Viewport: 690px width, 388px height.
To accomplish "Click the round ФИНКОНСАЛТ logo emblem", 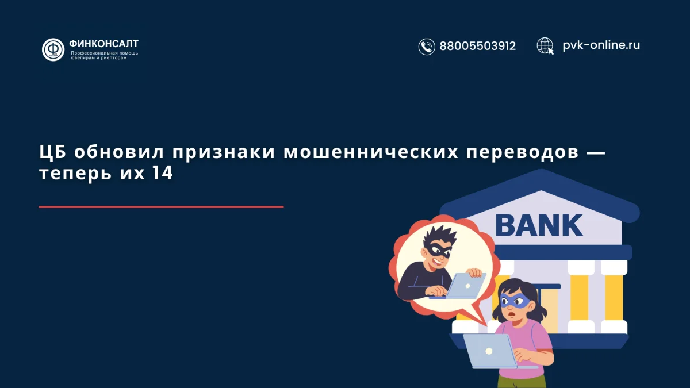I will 53,49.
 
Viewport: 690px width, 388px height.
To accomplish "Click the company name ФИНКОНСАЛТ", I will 103,43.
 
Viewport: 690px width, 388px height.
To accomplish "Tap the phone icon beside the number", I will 427,47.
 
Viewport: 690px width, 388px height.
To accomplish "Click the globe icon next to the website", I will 545,45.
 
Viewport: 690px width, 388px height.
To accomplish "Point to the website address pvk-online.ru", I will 601,45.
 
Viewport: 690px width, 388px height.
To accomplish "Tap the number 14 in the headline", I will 163,174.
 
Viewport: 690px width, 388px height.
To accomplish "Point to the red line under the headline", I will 161,206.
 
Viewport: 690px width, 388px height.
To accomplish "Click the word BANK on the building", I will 539,225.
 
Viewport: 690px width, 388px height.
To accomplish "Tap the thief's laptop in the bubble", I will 465,285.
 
